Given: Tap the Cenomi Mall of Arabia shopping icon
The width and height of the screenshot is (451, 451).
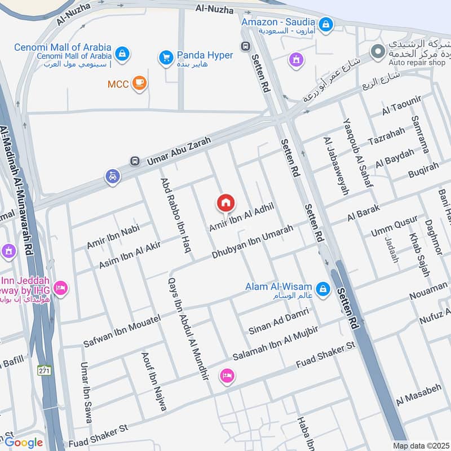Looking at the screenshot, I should tap(122, 54).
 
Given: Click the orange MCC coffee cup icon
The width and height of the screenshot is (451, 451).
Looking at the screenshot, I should tap(139, 84).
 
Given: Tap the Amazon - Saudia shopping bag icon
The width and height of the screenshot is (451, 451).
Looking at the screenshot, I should tap(325, 24).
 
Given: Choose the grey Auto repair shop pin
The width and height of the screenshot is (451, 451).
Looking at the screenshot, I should tap(377, 52).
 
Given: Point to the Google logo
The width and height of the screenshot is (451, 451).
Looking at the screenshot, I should tap(24, 443).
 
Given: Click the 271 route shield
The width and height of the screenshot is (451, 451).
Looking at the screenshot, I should tap(45, 370).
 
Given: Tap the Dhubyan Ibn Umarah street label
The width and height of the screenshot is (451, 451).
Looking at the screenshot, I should tap(253, 242).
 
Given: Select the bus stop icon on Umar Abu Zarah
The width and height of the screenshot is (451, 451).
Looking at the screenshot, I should tap(135, 161).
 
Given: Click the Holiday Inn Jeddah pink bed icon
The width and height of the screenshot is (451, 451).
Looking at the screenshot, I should tap(61, 289).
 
